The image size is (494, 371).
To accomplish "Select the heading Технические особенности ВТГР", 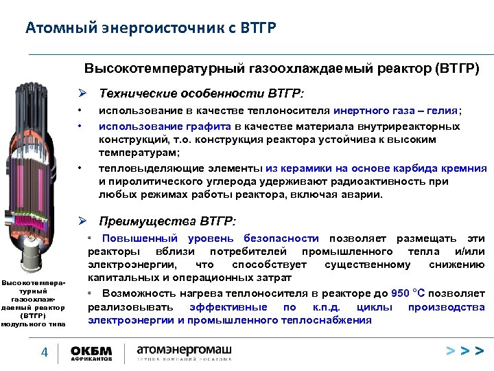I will [x=203, y=93].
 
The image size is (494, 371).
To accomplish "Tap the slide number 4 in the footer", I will [x=44, y=352].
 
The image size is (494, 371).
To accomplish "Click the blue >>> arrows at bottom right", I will [x=464, y=352].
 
